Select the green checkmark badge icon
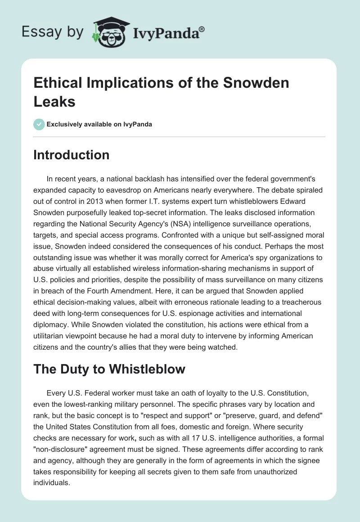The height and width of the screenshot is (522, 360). [x=39, y=124]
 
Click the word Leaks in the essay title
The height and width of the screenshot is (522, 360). [x=54, y=101]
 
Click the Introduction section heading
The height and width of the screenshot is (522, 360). [x=72, y=155]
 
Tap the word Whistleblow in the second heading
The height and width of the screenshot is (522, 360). [x=146, y=369]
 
